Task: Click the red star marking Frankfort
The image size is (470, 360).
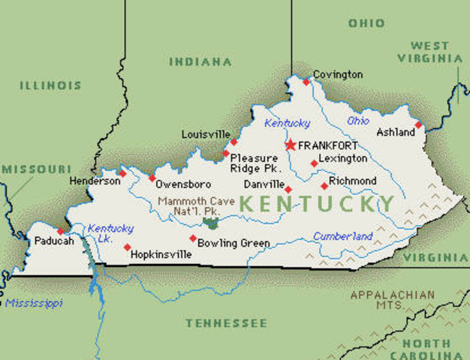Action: coord(290,145)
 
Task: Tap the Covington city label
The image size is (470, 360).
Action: coord(338,74)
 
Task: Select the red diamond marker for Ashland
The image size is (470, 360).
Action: coord(418,125)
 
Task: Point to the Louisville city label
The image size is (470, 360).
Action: coord(206,134)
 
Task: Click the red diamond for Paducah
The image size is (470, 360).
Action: coord(61,231)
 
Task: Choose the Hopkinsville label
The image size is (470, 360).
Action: coord(161,255)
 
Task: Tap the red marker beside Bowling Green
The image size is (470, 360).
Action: coord(193,238)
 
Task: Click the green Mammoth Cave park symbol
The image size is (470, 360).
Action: coord(211,223)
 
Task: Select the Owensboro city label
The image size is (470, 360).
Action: coord(183,184)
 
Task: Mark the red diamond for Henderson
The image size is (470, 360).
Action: coord(123,173)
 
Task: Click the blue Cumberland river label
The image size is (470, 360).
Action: coord(342,237)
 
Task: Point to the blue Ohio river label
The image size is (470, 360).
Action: coord(358,121)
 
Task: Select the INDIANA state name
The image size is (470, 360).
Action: coord(200,61)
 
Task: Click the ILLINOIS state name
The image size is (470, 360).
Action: coord(50,85)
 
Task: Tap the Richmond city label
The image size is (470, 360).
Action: coord(353,181)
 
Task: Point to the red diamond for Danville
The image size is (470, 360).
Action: coord(288,189)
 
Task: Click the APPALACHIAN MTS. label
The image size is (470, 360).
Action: coord(391,300)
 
